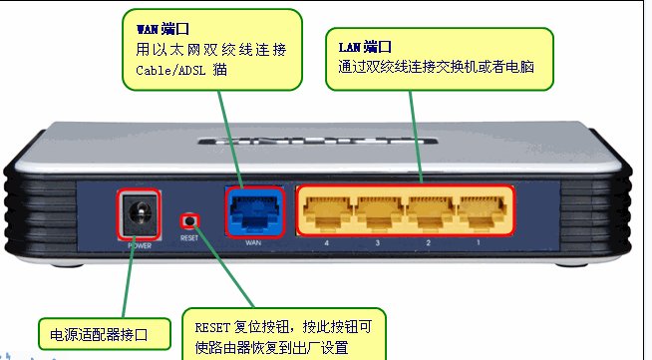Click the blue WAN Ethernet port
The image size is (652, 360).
tap(253, 209)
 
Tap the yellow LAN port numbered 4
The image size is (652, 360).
tap(325, 209)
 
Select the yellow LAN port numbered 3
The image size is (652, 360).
tap(375, 209)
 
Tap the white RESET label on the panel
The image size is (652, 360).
tap(190, 239)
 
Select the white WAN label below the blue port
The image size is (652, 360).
tap(253, 244)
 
